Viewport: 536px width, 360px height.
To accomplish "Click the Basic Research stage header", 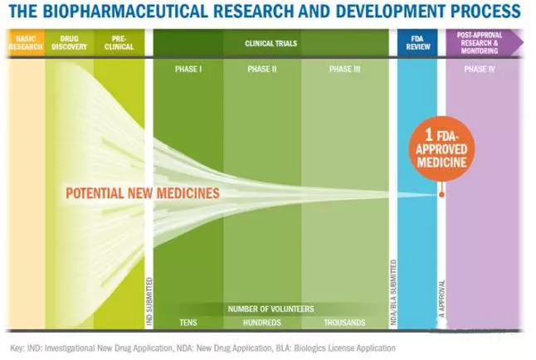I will tap(24, 41).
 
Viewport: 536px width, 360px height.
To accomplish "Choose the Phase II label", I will tap(261, 69).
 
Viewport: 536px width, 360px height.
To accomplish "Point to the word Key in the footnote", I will tap(17, 348).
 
